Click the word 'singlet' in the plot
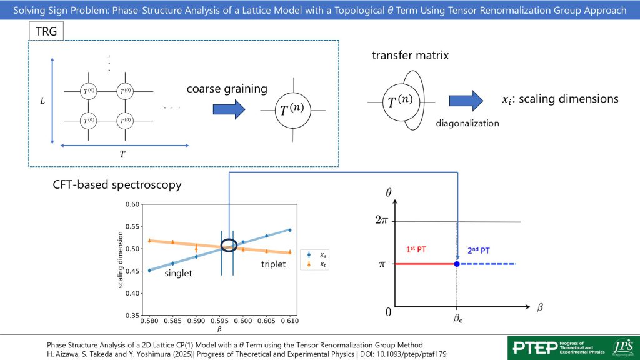(x=178, y=274)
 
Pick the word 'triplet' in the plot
(x=273, y=264)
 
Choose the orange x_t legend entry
(x=316, y=265)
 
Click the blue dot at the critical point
(x=457, y=264)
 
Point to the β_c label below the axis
(x=457, y=319)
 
